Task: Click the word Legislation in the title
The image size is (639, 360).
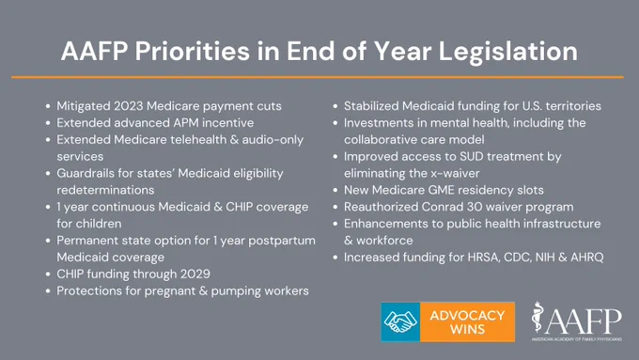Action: [x=507, y=52]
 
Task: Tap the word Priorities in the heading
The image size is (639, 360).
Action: [x=192, y=52]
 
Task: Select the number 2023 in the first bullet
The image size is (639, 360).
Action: [x=129, y=106]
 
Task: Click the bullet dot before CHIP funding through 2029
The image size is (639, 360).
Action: [x=48, y=274]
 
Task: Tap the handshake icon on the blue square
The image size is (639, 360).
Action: [x=400, y=321]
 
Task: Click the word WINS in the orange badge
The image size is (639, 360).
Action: [x=467, y=329]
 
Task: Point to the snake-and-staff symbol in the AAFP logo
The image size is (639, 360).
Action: [x=538, y=317]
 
